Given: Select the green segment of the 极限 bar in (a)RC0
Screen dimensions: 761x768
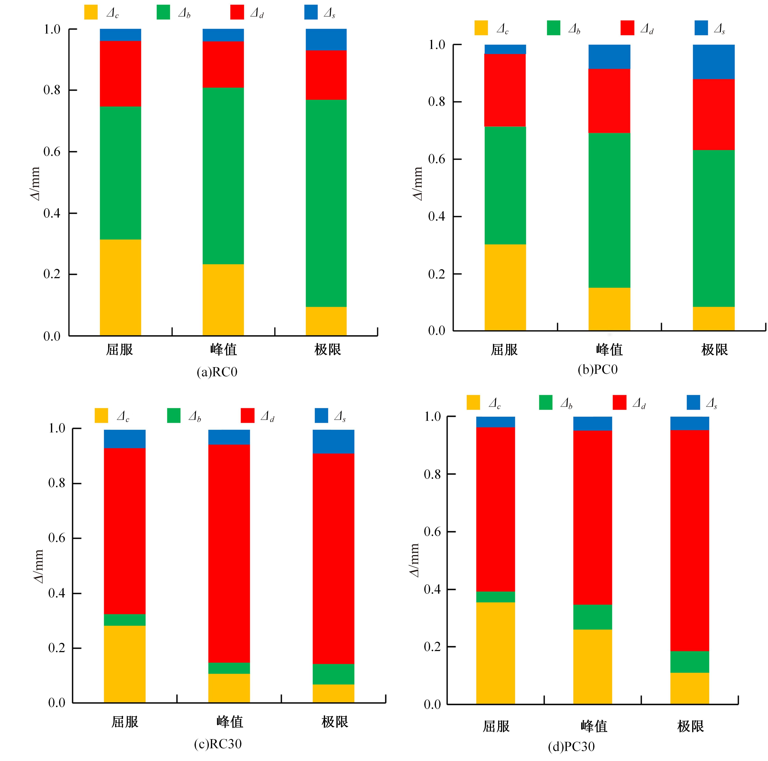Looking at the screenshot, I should click(326, 203).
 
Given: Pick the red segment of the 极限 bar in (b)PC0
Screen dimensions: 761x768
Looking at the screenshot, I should click(713, 114).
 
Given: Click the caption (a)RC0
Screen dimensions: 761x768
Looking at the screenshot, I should click(217, 372).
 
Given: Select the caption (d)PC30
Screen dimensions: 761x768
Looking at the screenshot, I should click(571, 747).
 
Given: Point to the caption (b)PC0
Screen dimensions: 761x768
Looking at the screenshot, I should click(597, 370).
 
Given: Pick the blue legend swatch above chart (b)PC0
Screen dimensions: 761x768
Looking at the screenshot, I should click(701, 28).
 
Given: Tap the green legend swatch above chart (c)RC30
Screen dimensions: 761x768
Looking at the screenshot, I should click(174, 416).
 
